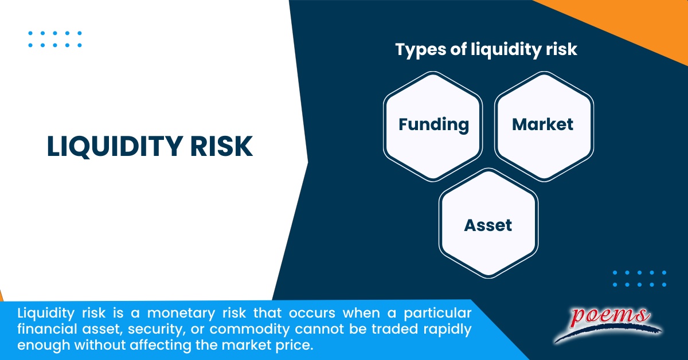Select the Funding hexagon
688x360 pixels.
(x=433, y=124)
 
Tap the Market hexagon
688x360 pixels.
(x=543, y=124)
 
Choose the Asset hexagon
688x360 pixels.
(x=488, y=225)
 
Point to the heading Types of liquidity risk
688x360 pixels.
(x=486, y=49)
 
